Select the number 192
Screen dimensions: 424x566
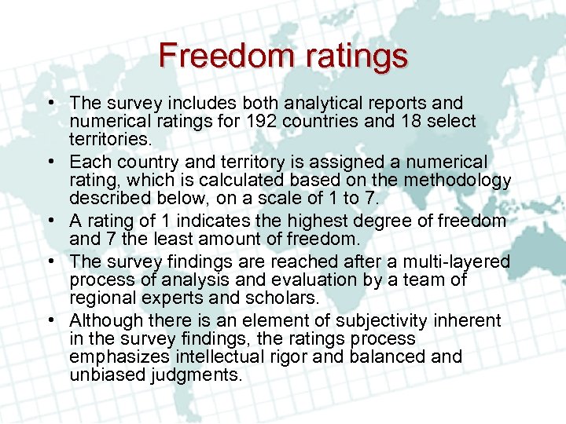(x=261, y=121)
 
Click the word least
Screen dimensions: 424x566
(x=197, y=239)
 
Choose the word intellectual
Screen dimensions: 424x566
(x=216, y=356)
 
